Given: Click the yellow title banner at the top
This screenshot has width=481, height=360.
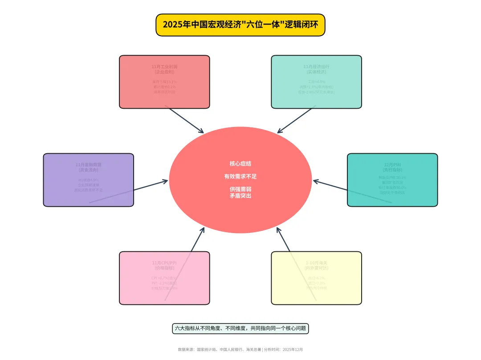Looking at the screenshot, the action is click(240, 25).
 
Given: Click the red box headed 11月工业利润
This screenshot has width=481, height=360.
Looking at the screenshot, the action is click(164, 82).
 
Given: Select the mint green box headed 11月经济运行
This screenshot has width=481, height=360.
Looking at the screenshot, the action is click(316, 82).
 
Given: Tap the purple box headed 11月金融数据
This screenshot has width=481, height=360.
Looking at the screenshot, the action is click(88, 180).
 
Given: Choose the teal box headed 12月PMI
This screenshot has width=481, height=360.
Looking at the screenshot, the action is click(392, 180).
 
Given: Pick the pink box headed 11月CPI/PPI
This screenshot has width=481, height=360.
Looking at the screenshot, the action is click(164, 278).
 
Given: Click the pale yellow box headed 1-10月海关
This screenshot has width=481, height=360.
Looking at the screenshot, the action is click(316, 278).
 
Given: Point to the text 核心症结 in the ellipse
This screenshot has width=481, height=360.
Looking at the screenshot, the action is click(240, 164).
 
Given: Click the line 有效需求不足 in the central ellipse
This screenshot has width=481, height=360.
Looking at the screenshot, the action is click(240, 176).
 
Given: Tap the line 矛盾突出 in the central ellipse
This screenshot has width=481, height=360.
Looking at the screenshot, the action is click(240, 196).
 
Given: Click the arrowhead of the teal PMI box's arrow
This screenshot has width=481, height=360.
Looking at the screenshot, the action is click(315, 181).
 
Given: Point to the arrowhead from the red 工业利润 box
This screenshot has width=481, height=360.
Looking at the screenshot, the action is click(202, 131).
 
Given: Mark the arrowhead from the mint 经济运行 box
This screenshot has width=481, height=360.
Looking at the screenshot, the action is click(279, 131).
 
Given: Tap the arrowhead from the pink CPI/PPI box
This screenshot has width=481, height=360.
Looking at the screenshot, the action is click(203, 229).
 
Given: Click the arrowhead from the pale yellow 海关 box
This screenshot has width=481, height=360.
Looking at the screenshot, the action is click(278, 229).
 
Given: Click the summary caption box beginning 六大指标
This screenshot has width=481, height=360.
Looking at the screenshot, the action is click(240, 328).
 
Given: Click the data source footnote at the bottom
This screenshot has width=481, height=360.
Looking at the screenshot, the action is click(240, 350).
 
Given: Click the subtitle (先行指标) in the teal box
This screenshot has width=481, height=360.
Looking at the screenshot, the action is click(392, 170).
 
